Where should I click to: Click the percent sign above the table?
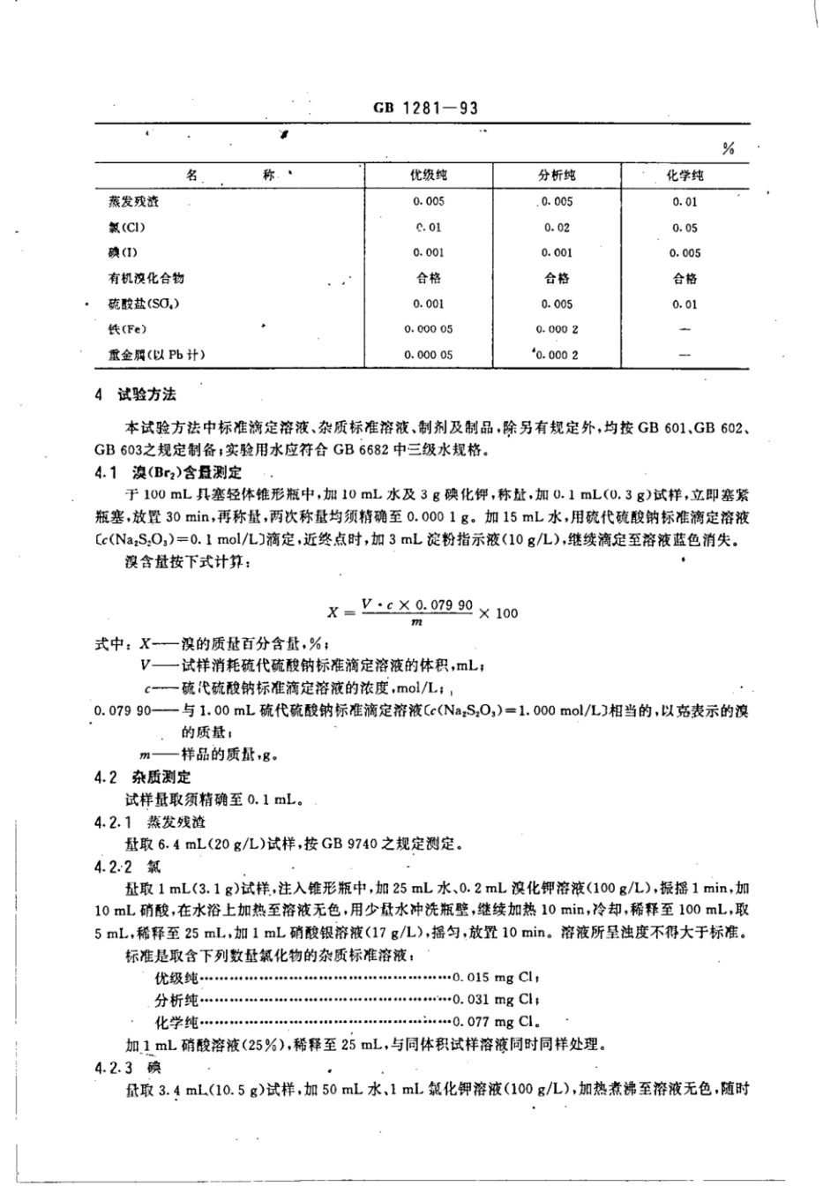pos(727,149)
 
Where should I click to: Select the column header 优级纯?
pos(428,176)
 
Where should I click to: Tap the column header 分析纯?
pos(557,176)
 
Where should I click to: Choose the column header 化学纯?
pos(685,176)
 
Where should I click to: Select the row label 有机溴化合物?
pos(145,278)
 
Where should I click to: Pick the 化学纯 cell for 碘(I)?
pos(685,253)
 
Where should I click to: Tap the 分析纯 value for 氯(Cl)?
pos(557,228)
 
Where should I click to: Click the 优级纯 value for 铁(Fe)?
pos(428,329)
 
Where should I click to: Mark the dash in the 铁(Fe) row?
pos(685,330)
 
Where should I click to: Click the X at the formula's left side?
pos(332,612)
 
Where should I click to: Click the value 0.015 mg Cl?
pos(495,977)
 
